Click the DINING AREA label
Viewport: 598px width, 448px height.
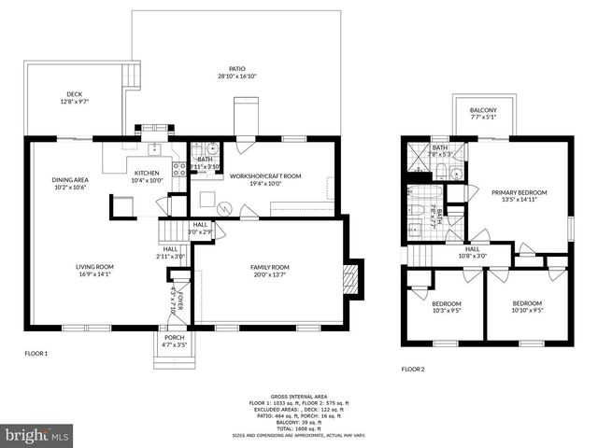pyautogui.click(x=68, y=183)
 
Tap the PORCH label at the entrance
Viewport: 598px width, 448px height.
pyautogui.click(x=173, y=341)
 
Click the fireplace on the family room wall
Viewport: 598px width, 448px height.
pyautogui.click(x=350, y=276)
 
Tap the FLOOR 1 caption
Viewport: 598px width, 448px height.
pyautogui.click(x=36, y=354)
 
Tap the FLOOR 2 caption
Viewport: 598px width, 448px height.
pyautogui.click(x=413, y=369)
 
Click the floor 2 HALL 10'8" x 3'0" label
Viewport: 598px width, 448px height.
pyautogui.click(x=473, y=252)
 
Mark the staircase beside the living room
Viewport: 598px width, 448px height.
pyautogui.click(x=168, y=230)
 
